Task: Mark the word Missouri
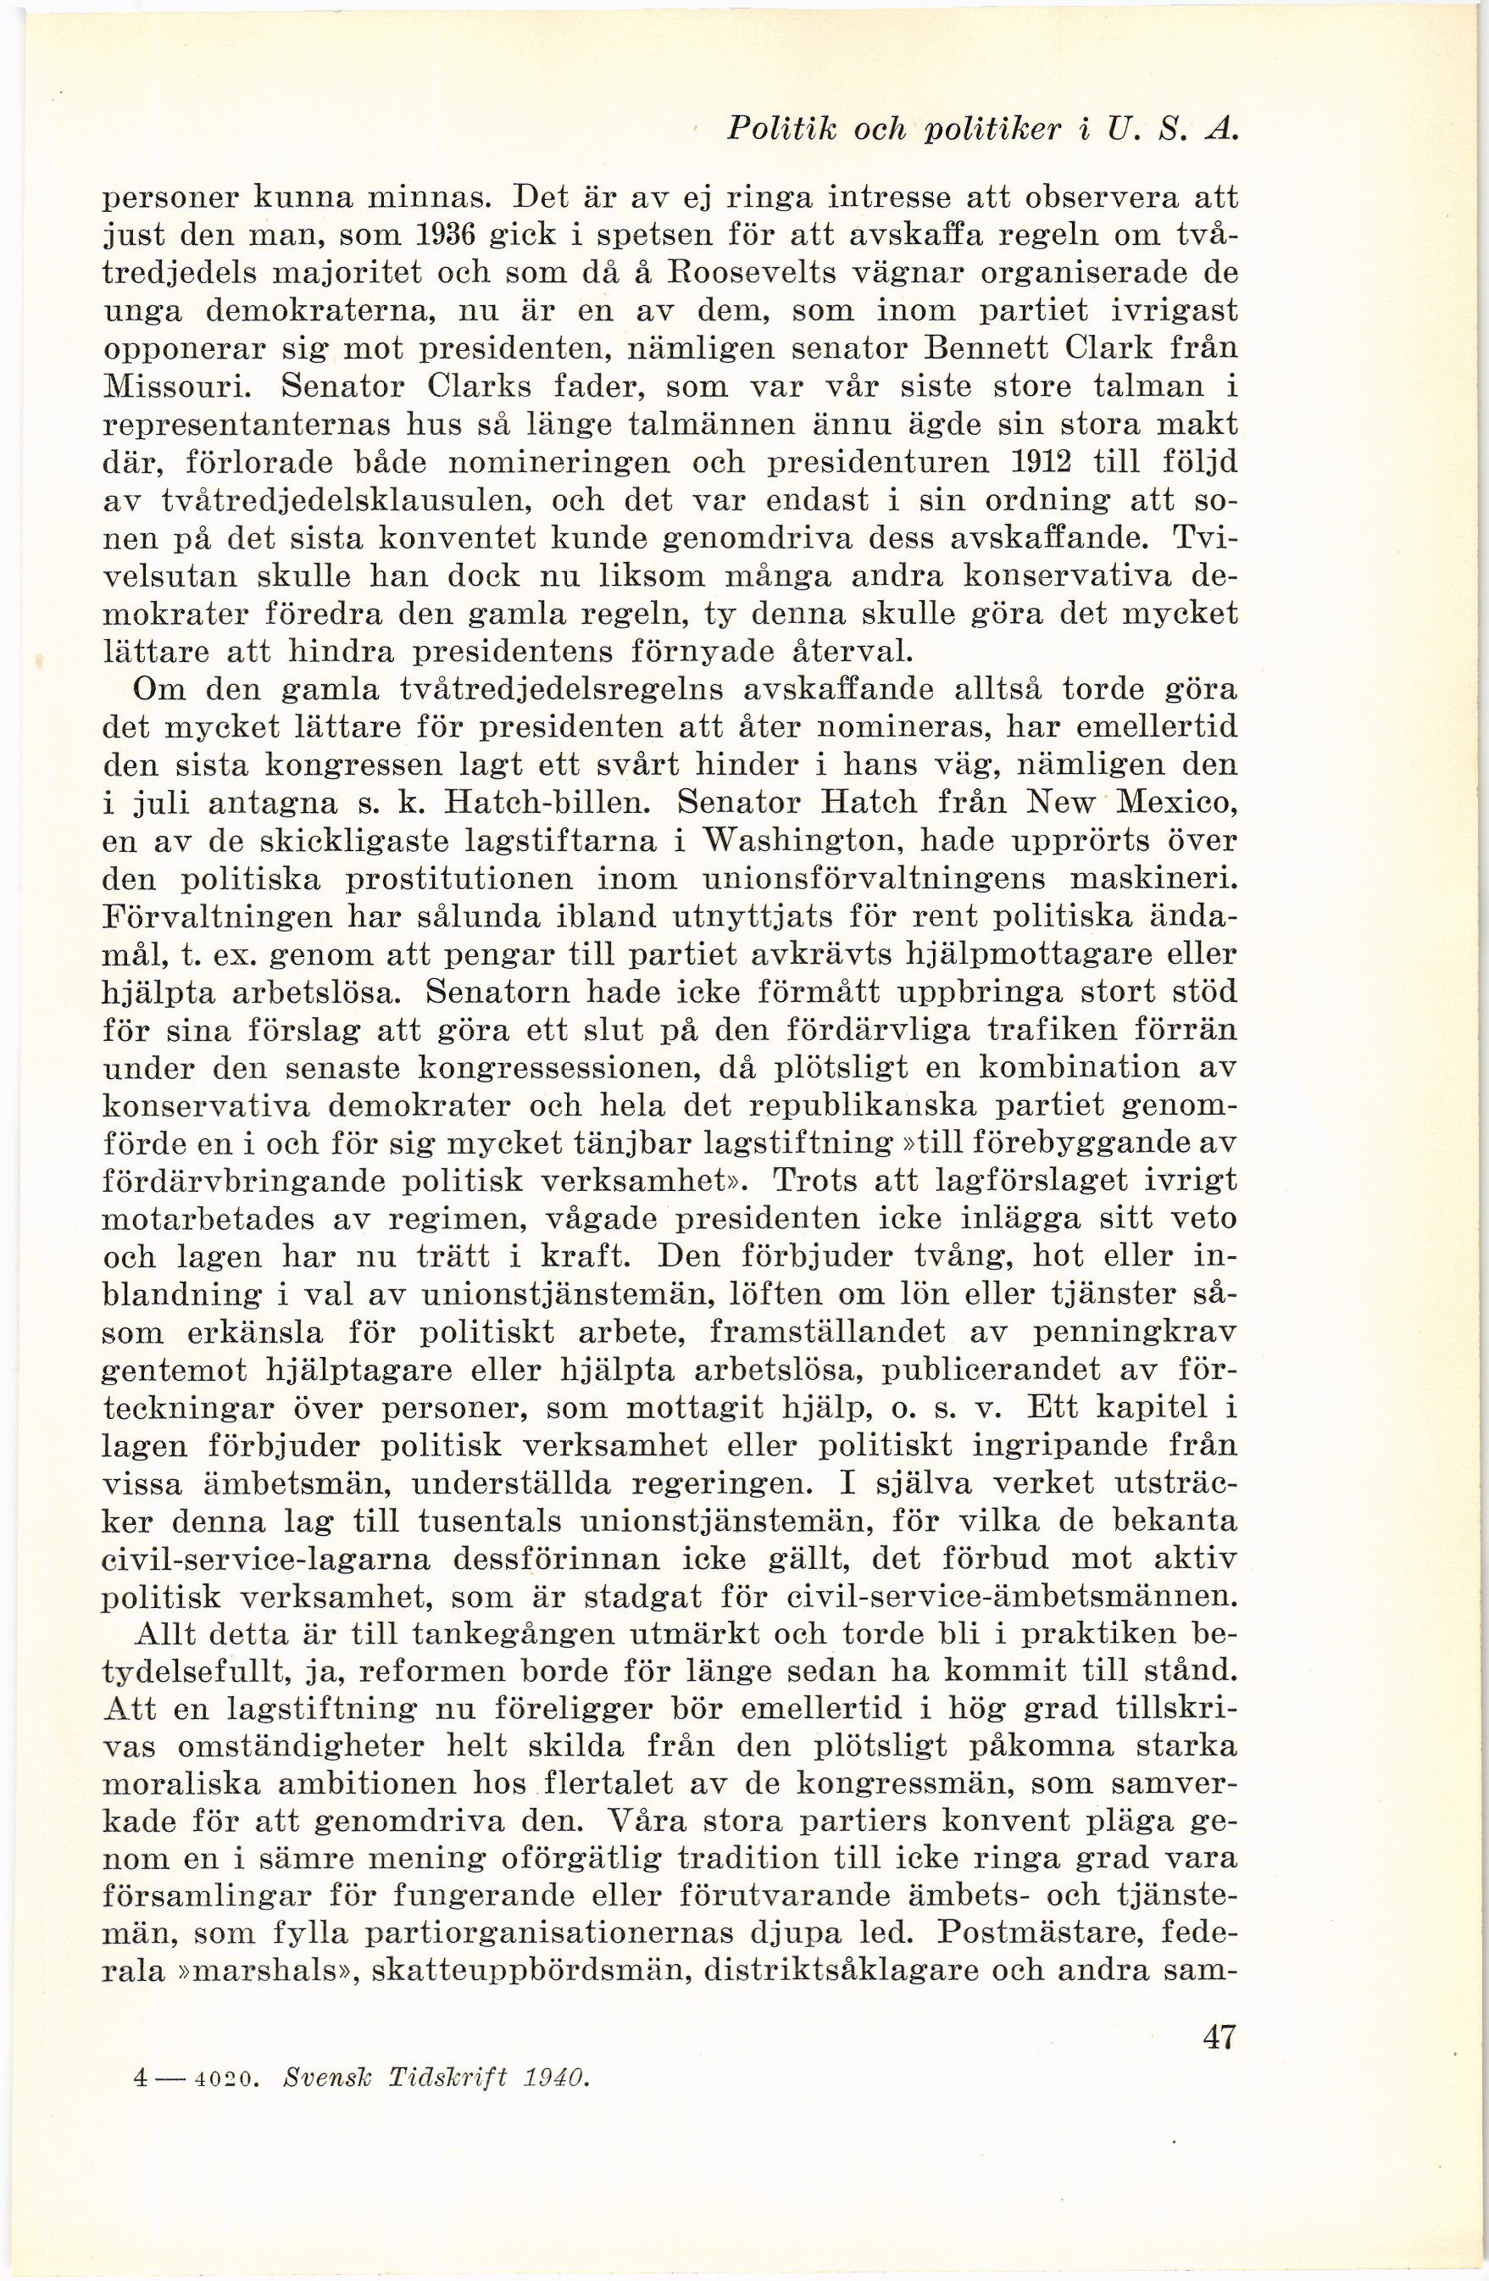point(177,388)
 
